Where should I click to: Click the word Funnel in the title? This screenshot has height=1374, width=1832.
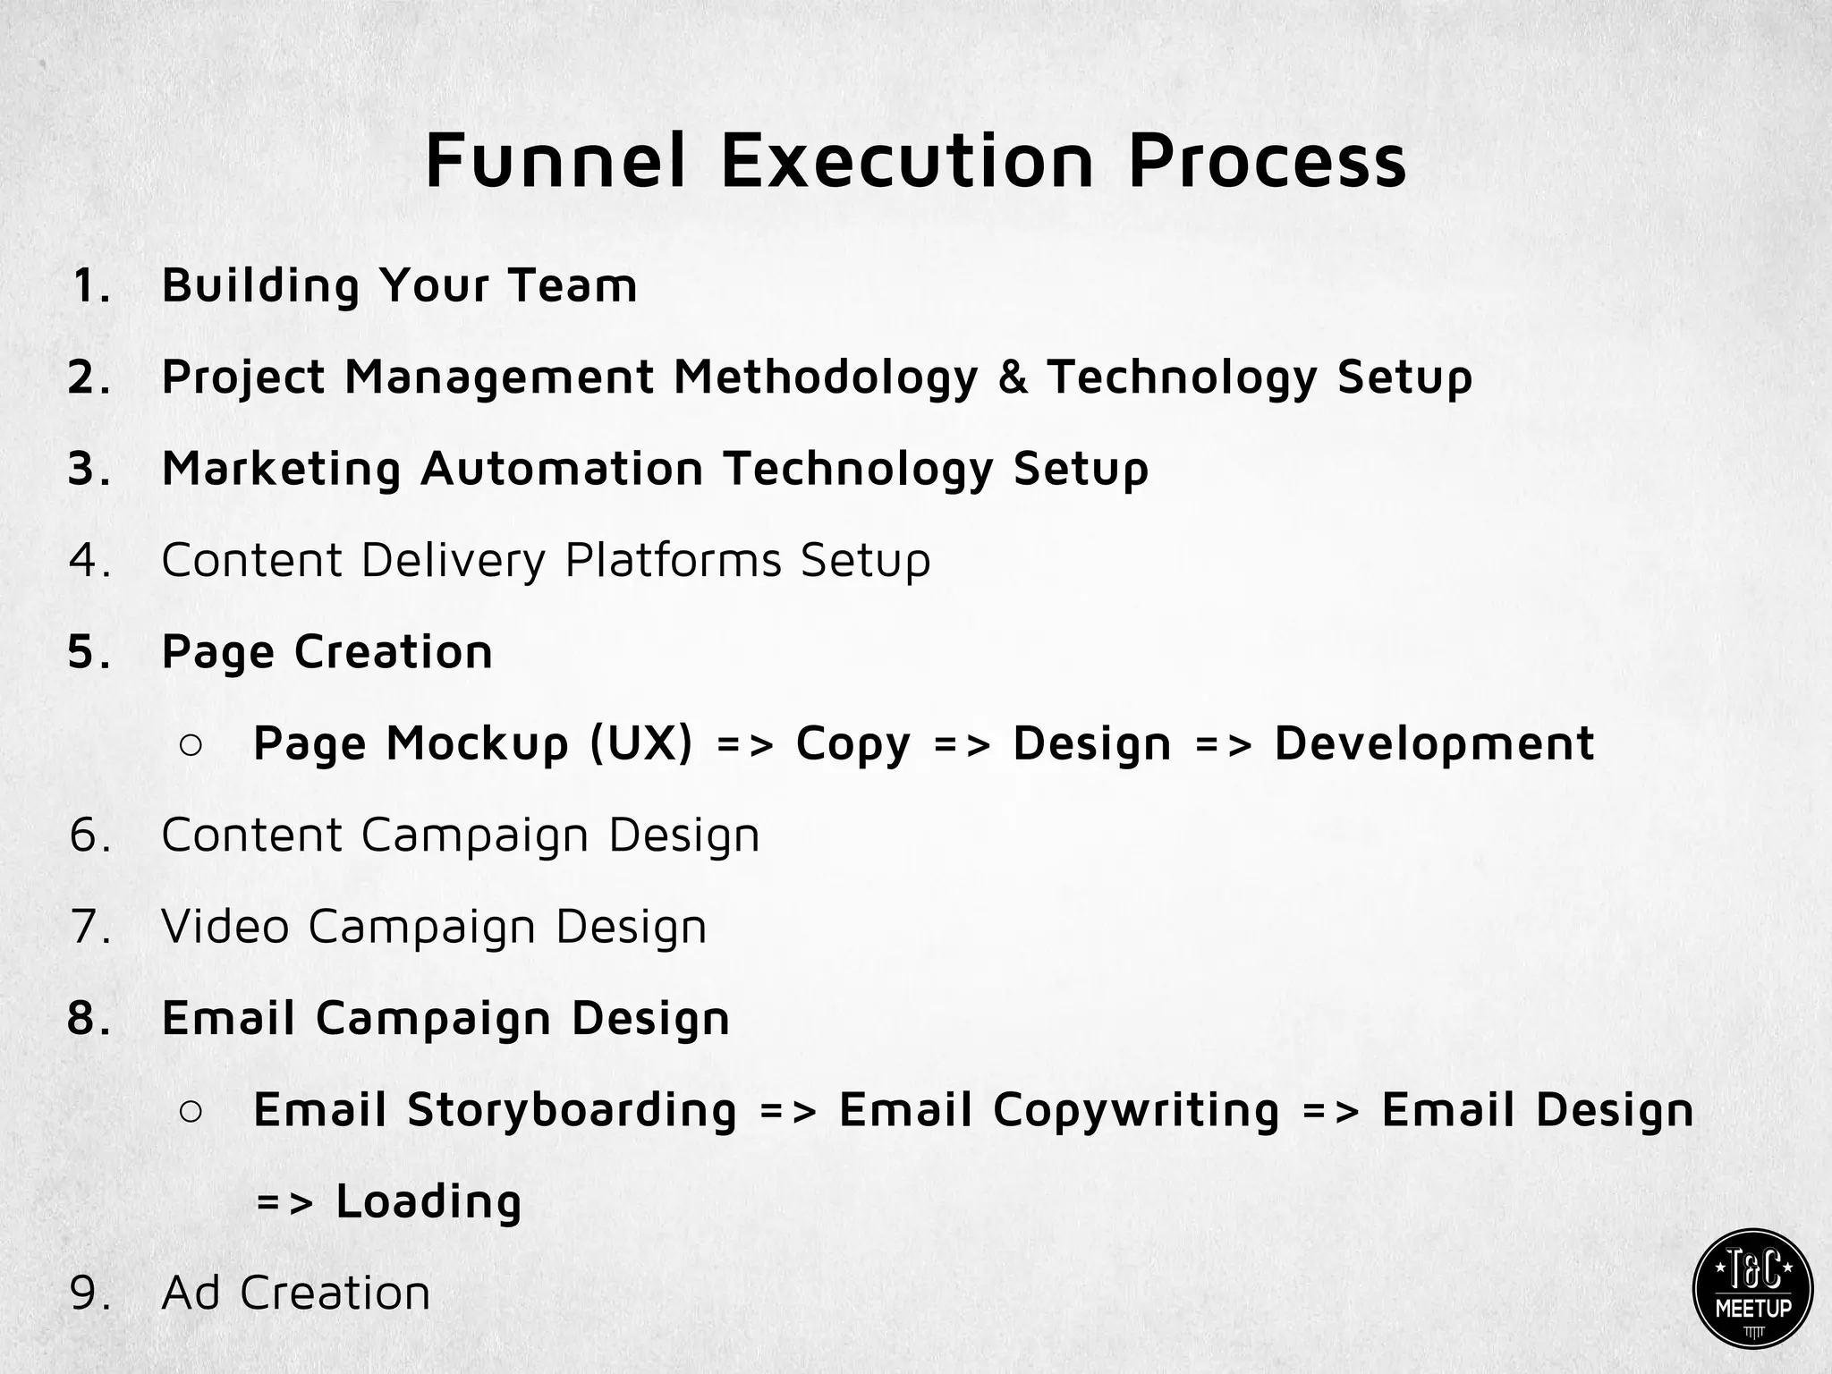pos(556,161)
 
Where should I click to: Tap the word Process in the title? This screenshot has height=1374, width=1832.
pos(1267,161)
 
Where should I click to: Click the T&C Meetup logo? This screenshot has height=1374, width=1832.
pos(1752,1288)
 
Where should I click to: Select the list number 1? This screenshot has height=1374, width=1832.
pos(91,286)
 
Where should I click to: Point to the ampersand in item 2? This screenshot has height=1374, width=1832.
pos(1013,377)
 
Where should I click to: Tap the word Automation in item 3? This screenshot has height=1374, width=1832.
pos(562,469)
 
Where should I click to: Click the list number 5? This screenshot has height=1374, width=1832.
pos(89,652)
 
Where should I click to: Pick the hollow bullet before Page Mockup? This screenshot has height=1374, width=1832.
pos(191,745)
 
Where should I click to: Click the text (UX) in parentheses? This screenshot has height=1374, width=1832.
pos(641,744)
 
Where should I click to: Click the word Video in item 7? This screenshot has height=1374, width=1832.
pos(225,927)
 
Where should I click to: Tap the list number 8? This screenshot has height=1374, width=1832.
pos(89,1019)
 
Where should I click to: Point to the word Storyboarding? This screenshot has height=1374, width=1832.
pos(572,1111)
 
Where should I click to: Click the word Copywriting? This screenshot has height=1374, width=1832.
pos(1136,1111)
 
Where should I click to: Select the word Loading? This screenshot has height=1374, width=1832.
pos(428,1201)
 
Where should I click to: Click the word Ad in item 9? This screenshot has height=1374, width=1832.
pos(191,1293)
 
